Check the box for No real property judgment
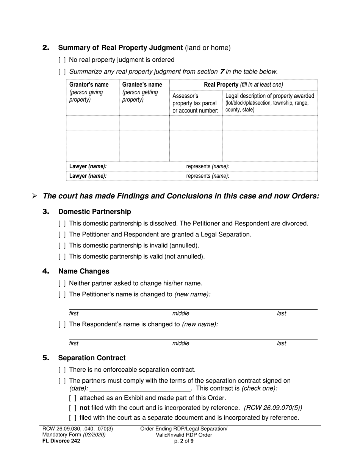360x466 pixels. point(62,60)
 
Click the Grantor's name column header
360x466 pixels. point(89,84)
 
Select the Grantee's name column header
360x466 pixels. point(142,84)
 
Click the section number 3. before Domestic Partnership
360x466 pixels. point(46,211)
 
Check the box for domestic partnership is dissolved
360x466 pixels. point(62,224)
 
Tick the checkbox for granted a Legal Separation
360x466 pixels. point(62,235)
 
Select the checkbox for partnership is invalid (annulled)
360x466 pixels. point(62,246)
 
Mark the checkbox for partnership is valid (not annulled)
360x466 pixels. point(62,256)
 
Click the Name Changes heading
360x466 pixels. point(84,271)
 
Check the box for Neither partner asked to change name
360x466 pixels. point(62,283)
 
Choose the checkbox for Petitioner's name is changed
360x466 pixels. point(62,294)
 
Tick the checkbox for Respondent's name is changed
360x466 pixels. point(62,324)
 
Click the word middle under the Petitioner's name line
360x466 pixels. point(181,313)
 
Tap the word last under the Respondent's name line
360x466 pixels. point(281,343)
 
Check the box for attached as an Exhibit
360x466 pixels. point(73,398)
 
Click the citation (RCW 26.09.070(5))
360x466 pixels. point(273,408)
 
